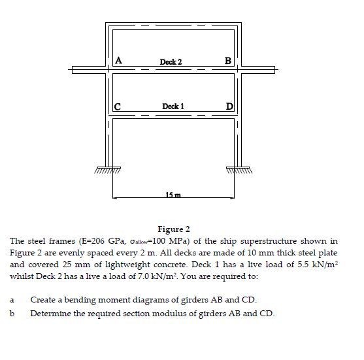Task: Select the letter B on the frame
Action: [227, 61]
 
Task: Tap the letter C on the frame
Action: [118, 106]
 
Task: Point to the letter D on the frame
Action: [229, 106]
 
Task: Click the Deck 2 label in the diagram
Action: [171, 62]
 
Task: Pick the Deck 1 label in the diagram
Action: [173, 106]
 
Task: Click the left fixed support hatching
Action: [112, 169]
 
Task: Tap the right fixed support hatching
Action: [238, 169]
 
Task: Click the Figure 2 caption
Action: [174, 229]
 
